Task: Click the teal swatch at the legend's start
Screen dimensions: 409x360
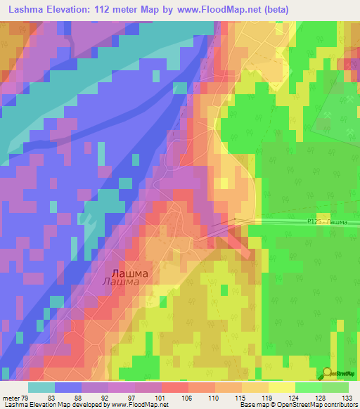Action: [x=41, y=387]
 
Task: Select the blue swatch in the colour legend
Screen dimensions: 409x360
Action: [x=68, y=387]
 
